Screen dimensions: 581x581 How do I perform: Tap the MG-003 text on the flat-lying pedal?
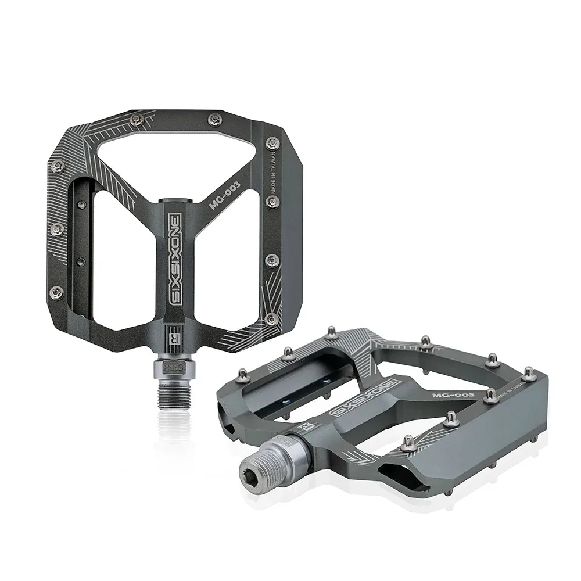pos(454,394)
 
